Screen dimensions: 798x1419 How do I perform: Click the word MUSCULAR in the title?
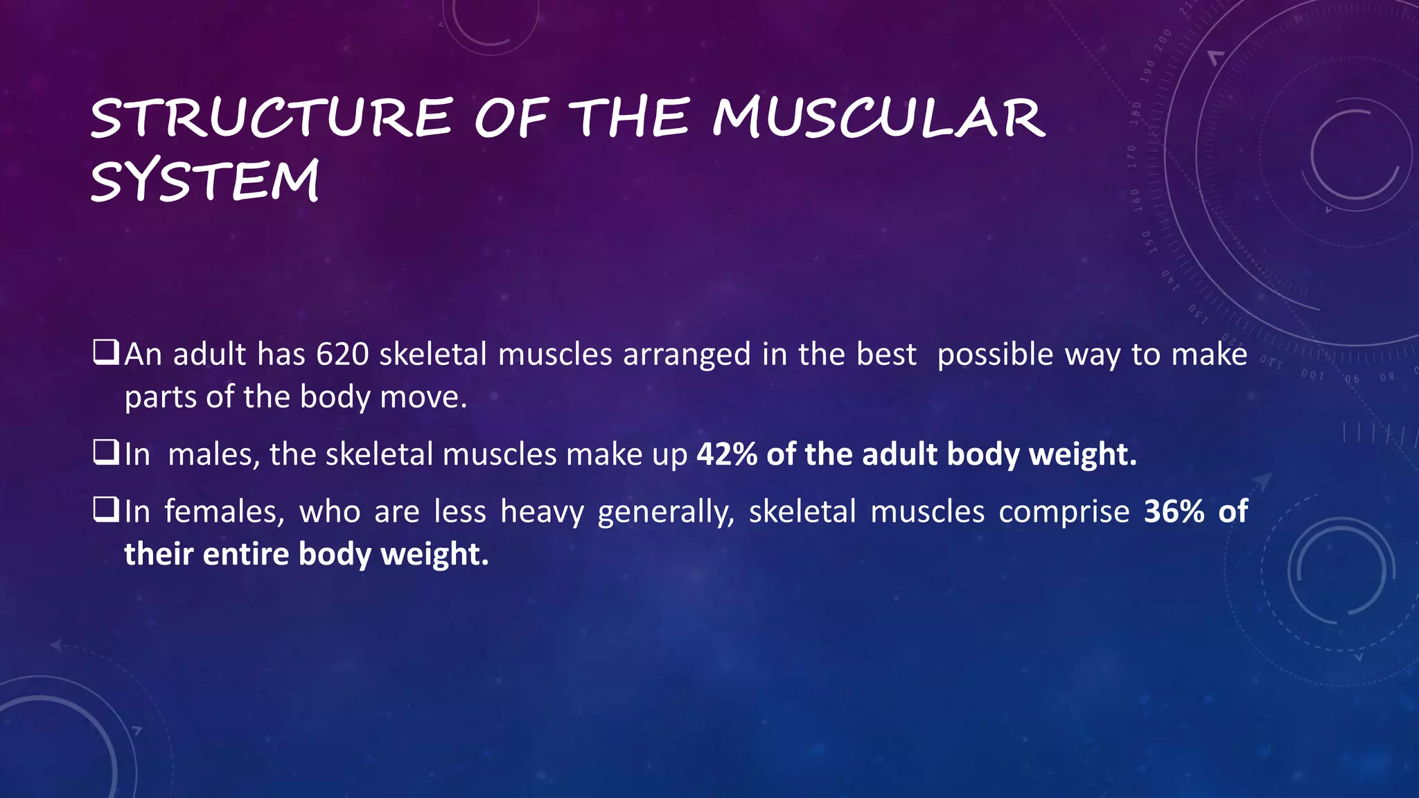click(x=878, y=118)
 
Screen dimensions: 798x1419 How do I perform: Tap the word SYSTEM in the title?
click(x=205, y=181)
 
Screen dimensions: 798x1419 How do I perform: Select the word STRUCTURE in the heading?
click(x=272, y=118)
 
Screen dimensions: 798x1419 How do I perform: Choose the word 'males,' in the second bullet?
click(x=213, y=455)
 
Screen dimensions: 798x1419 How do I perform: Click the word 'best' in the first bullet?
click(x=887, y=355)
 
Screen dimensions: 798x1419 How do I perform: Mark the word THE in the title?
click(x=632, y=118)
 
